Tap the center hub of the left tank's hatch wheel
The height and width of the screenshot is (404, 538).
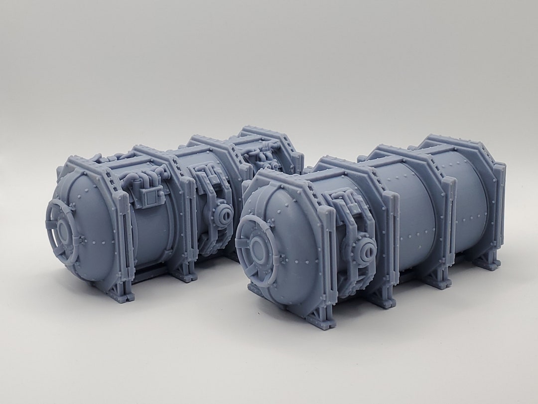click(x=64, y=231)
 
